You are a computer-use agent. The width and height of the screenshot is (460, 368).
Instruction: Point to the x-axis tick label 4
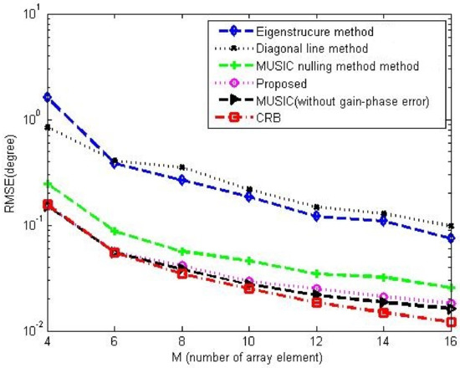(x=47, y=341)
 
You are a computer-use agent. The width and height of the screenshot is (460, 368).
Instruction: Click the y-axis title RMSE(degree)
(x=12, y=171)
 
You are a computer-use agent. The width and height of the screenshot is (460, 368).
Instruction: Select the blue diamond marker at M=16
(x=451, y=238)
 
